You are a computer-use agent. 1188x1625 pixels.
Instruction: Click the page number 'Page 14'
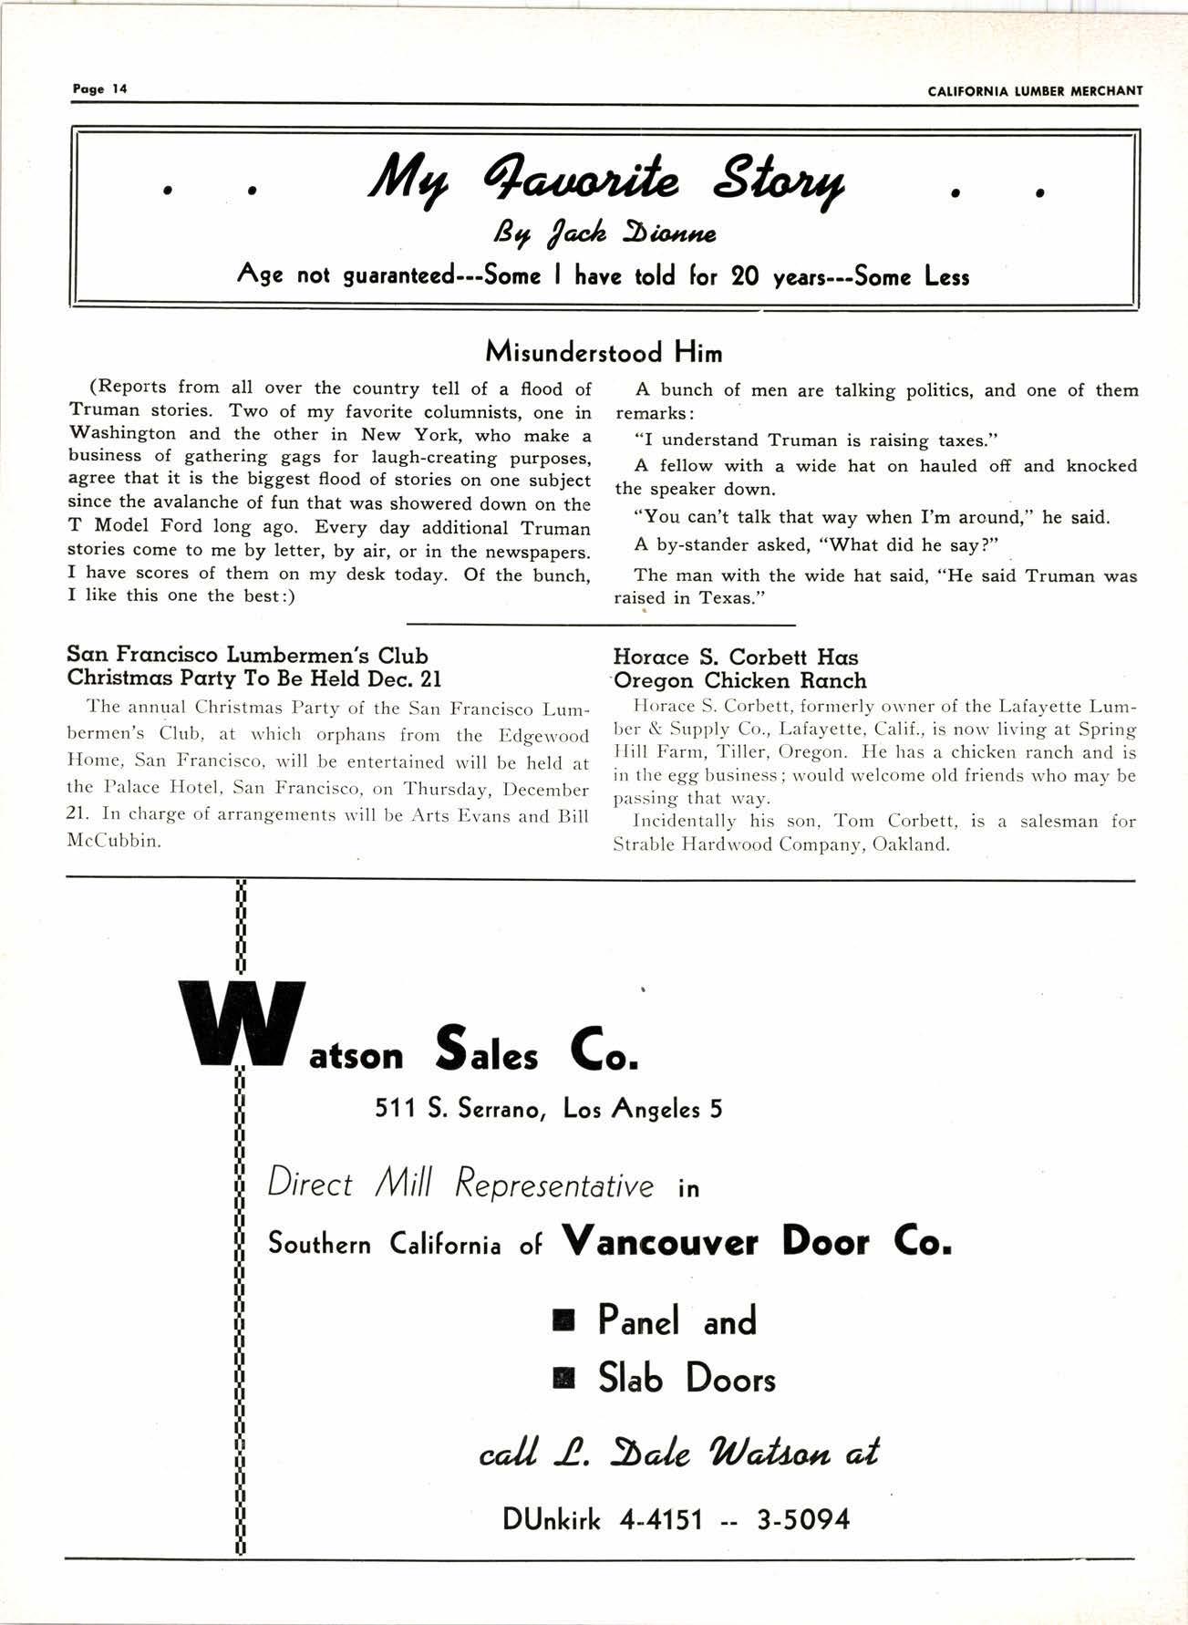click(x=100, y=89)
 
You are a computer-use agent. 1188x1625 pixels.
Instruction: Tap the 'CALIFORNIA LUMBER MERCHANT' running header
click(x=1035, y=90)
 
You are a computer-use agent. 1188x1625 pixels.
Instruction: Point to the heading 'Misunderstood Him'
click(x=604, y=352)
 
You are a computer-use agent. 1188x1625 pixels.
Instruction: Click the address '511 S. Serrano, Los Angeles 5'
click(x=549, y=1109)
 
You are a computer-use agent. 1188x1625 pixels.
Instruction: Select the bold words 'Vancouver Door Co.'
click(x=757, y=1242)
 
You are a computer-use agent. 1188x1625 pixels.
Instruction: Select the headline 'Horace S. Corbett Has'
click(x=736, y=657)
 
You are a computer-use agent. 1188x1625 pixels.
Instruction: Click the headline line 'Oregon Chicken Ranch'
click(x=740, y=680)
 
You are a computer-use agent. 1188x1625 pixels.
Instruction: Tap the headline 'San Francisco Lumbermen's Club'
click(x=248, y=656)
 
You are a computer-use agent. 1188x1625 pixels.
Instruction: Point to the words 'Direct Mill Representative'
click(x=460, y=1185)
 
